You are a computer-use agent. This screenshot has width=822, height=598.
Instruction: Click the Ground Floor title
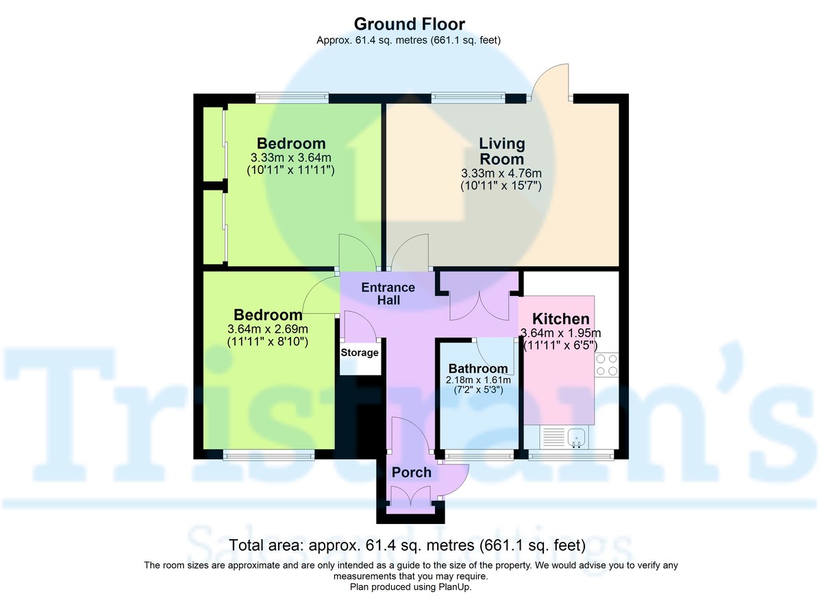pos(408,24)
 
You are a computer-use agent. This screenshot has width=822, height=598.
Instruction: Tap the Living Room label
pos(501,151)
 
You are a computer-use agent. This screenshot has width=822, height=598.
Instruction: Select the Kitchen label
pos(561,319)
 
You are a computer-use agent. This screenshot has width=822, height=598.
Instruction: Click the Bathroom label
pos(478,369)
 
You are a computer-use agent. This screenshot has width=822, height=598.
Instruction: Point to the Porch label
pos(412,473)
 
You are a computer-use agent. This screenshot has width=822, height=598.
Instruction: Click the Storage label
pos(360,353)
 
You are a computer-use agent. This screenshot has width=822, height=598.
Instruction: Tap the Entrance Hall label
pos(388,293)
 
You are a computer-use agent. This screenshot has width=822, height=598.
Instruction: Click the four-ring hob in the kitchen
pos(606,364)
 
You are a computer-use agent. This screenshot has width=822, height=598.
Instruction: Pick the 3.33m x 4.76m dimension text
pos(501,173)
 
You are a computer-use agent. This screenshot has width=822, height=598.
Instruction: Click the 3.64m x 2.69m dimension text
pos(268,329)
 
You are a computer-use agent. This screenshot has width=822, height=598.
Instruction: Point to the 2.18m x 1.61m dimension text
pos(478,380)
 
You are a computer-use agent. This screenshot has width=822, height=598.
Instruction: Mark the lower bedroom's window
pos(269,453)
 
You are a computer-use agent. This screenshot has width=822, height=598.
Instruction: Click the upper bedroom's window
pos(291,97)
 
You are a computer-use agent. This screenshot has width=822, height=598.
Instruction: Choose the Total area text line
pos(408,546)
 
